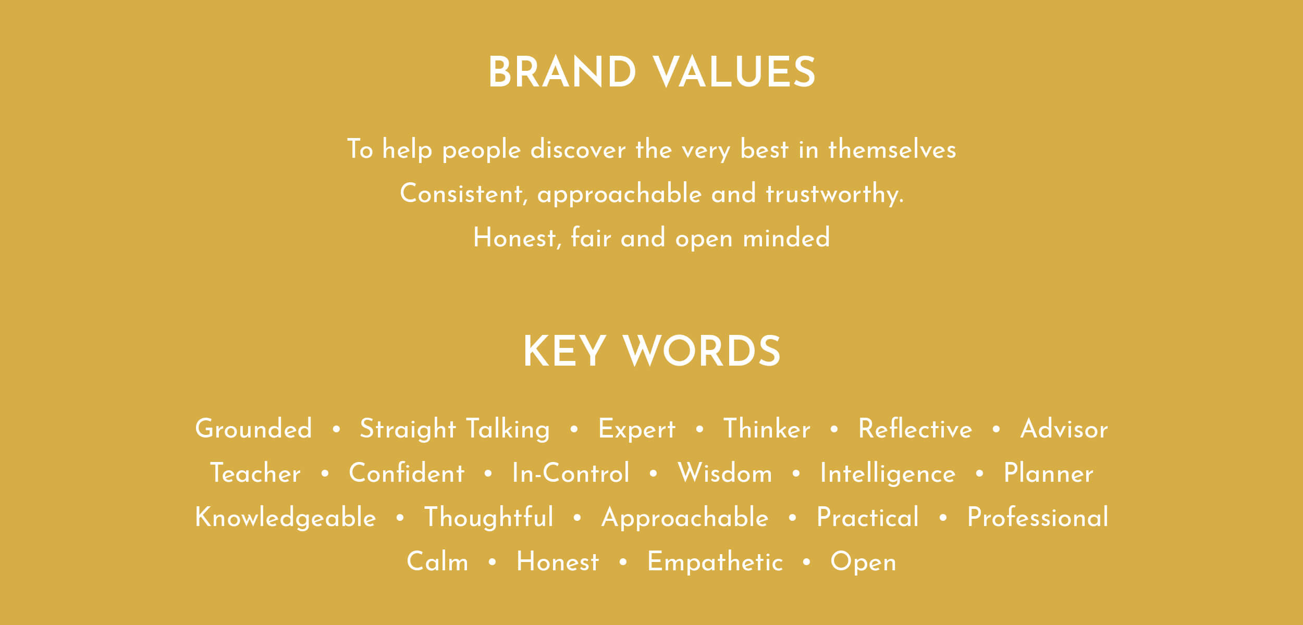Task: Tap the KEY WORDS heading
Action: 651,351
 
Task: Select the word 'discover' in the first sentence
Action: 578,149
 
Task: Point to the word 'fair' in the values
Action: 591,238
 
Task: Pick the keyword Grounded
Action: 253,429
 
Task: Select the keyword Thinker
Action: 767,429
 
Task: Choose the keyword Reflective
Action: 915,429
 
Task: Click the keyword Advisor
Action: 1064,429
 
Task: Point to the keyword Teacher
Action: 255,473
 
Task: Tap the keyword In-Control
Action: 571,473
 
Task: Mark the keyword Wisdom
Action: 724,473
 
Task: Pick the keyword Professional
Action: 1038,517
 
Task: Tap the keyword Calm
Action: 437,561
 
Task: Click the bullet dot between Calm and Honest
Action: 493,562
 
